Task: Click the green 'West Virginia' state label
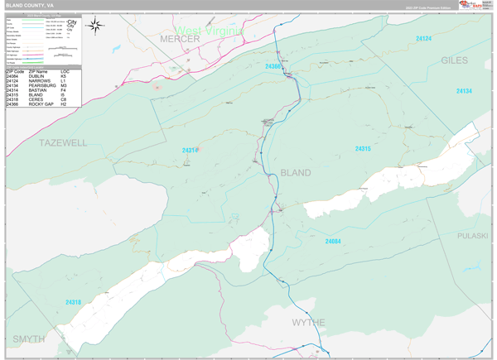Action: (x=210, y=31)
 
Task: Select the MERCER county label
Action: (x=181, y=40)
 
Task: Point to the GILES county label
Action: (x=454, y=60)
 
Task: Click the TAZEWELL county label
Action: (x=63, y=142)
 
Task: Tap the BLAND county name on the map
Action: (x=296, y=173)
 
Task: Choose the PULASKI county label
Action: (x=472, y=236)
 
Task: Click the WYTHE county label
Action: (x=308, y=322)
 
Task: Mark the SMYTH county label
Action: (x=29, y=339)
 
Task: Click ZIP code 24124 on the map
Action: (x=423, y=38)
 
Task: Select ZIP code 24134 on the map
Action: (x=463, y=90)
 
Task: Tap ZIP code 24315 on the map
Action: (x=362, y=149)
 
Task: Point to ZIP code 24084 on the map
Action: (x=333, y=241)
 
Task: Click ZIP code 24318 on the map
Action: (x=74, y=302)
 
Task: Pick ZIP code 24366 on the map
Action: (x=274, y=65)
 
